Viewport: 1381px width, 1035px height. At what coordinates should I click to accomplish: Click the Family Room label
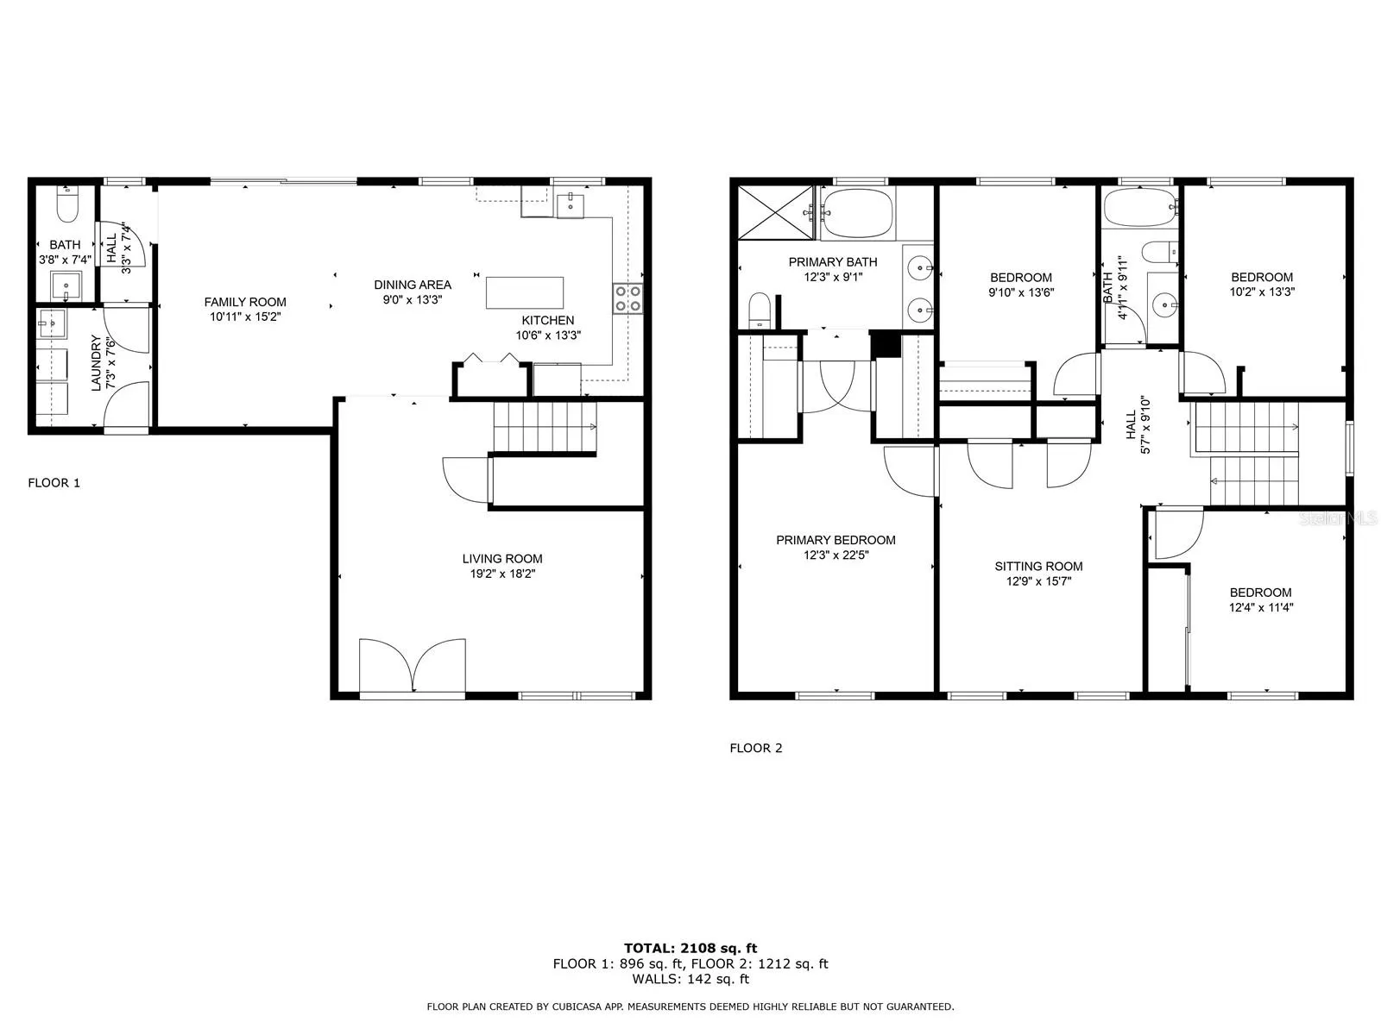[x=245, y=302]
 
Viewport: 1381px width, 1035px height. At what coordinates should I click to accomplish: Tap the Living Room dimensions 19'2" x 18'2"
[x=502, y=574]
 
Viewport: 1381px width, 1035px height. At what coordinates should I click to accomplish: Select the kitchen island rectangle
[x=524, y=293]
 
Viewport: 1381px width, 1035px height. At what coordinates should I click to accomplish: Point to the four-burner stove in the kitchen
[x=627, y=298]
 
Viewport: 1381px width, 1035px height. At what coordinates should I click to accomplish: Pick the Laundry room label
[x=97, y=362]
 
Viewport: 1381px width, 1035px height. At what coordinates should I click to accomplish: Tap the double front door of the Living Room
[x=413, y=666]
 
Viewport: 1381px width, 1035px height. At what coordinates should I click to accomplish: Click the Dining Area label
[x=412, y=285]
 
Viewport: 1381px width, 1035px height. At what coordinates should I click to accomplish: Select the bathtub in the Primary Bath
[x=857, y=213]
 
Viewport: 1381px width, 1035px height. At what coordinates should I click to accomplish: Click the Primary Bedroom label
[x=836, y=540]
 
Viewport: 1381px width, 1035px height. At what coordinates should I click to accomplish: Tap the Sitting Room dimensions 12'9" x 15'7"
[x=1038, y=581]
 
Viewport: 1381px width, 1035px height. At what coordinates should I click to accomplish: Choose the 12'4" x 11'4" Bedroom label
[x=1260, y=599]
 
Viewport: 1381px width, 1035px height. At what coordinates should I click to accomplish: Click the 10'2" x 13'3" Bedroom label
[x=1262, y=284]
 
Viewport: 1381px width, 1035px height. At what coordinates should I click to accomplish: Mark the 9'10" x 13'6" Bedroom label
[x=1020, y=285]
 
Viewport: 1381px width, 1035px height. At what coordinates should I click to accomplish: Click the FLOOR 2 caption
[x=755, y=748]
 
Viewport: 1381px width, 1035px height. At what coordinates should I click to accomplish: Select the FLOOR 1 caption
[x=54, y=483]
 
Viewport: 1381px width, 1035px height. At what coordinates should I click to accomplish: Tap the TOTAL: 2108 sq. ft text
[x=690, y=948]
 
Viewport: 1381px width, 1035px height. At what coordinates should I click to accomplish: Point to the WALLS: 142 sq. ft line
[x=690, y=978]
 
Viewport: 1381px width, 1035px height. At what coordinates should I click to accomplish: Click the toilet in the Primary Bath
[x=760, y=310]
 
